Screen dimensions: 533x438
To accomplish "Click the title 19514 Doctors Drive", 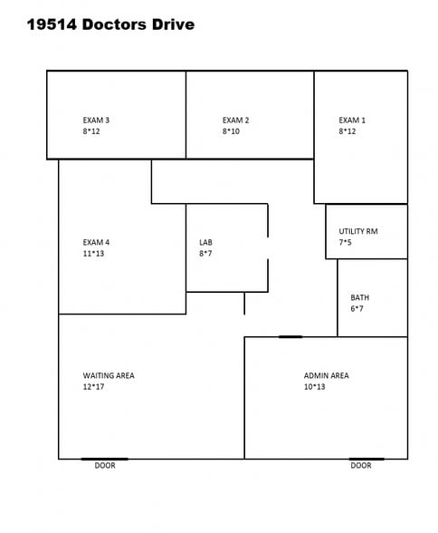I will coord(110,25).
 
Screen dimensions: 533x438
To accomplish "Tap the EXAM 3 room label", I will coord(96,120).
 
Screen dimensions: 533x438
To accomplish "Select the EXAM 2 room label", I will coord(235,120).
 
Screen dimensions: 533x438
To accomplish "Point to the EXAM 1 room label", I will coord(352,120).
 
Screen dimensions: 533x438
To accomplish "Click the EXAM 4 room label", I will coord(96,242).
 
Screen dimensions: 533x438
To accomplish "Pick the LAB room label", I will coord(205,242).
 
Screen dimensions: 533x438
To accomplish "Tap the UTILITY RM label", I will coord(358,231).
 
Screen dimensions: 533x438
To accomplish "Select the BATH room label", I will coord(359,297).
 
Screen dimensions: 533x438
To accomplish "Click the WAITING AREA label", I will coord(109,375).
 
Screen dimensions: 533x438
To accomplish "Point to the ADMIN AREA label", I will coord(326,375).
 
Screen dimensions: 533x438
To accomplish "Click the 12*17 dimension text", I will coord(94,387).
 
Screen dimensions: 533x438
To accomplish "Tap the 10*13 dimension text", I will coord(314,387).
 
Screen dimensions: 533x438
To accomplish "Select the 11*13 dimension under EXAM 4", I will coord(94,254).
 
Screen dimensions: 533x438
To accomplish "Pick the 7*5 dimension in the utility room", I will coord(347,243).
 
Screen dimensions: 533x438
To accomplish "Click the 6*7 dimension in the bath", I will coord(357,309).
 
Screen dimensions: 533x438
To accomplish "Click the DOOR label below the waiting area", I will coord(105,466).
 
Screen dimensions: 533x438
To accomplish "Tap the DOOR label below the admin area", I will coord(361,466).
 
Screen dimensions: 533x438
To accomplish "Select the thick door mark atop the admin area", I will coord(290,337).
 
